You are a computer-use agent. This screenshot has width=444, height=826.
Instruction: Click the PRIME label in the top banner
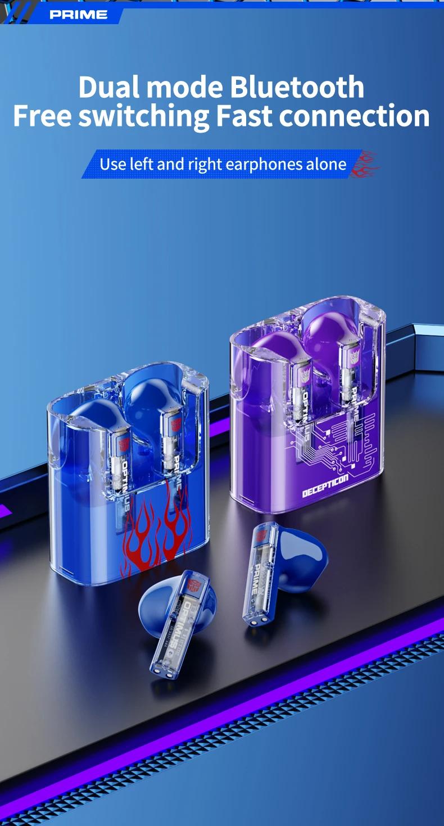click(78, 15)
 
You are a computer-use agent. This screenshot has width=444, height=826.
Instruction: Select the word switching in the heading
click(144, 116)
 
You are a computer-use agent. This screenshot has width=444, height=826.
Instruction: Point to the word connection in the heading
click(355, 115)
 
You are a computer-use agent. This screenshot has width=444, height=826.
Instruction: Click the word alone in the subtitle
click(326, 165)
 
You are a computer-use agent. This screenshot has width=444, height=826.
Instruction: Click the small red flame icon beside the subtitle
click(364, 164)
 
